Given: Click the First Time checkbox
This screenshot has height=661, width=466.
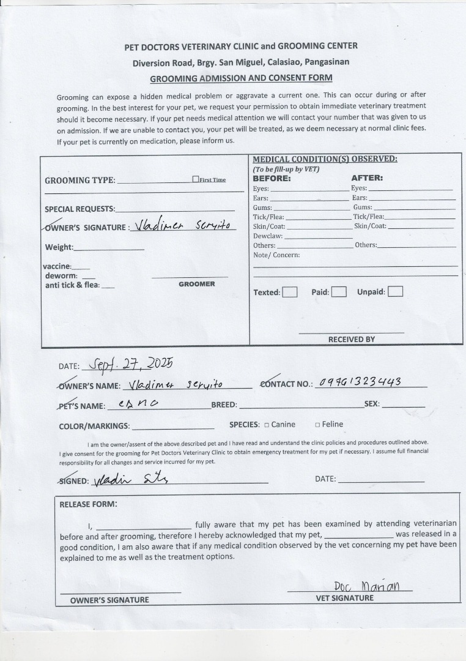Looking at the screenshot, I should pos(196,179).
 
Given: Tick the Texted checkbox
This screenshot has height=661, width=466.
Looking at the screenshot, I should pos(290,292).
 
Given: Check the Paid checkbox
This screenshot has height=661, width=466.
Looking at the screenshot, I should pos(339,292).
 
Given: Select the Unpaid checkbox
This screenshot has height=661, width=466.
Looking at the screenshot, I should pos(396,291).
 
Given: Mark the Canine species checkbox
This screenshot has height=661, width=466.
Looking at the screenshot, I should pos(267,425).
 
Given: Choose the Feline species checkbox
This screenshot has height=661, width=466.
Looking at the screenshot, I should pos(317,425).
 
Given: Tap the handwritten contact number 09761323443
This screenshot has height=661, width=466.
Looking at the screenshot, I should pos(360,383).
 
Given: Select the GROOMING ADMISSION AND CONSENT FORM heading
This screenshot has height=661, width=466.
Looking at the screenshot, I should pos(241,78).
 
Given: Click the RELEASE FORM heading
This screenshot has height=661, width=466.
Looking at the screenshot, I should pos(88,504).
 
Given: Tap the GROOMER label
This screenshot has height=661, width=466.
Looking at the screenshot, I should pos(196,284).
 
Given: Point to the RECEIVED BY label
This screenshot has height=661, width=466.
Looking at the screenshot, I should pos(351,339).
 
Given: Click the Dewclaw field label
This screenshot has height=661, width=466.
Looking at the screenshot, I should pos(268,236).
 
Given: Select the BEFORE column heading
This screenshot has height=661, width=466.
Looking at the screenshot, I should pos(272,179).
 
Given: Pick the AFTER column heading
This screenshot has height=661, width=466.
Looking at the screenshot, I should pos(367,179).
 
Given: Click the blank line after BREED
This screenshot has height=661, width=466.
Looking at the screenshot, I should pos(300,405).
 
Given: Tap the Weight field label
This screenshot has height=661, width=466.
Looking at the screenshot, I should pos(59,247).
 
